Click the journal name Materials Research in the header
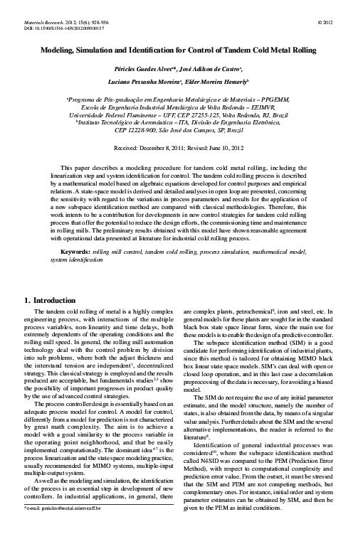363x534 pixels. click(38, 23)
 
